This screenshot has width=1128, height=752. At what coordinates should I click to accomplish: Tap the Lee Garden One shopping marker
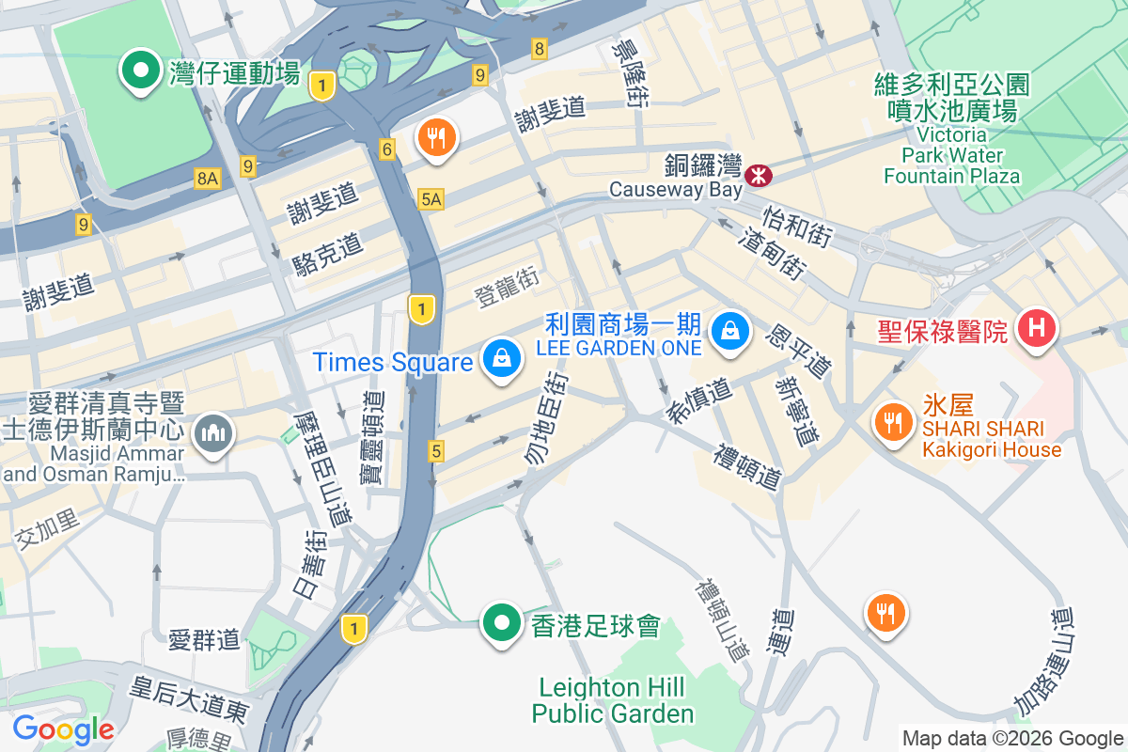[728, 331]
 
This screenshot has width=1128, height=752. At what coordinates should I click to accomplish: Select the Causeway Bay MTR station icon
[758, 175]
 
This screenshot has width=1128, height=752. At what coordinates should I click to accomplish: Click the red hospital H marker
[1038, 330]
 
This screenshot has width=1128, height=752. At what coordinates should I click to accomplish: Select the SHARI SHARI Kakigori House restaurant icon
[889, 421]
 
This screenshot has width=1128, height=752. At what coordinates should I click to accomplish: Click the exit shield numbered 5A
[431, 199]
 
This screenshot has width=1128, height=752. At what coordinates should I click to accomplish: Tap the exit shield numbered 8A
[208, 178]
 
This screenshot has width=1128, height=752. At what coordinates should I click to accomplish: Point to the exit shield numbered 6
[387, 149]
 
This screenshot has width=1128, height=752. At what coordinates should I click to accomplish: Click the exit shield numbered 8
[539, 48]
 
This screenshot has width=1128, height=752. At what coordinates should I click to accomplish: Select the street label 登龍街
[507, 287]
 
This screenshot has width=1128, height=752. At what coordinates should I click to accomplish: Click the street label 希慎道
[700, 401]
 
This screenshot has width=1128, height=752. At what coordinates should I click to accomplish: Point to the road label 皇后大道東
[190, 697]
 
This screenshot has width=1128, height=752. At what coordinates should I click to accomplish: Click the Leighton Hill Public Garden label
[613, 700]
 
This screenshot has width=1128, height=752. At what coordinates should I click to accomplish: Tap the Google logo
[63, 728]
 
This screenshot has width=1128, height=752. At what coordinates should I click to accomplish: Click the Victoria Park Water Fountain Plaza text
[951, 155]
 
